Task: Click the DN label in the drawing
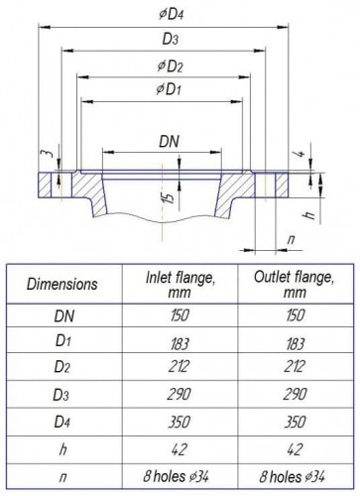click(170, 143)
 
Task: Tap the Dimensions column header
click(60, 283)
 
